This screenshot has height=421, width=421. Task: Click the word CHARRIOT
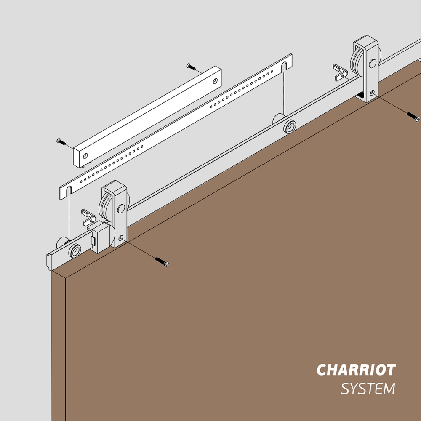click(356, 370)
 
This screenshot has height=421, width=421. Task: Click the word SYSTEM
click(368, 389)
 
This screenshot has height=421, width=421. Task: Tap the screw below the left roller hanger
click(162, 262)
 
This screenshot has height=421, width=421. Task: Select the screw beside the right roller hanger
click(413, 117)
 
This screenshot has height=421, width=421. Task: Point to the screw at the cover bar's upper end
click(191, 67)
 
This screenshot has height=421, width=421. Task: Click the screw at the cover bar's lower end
click(61, 142)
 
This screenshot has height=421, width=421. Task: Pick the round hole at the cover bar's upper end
click(215, 81)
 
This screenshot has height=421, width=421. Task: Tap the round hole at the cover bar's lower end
click(85, 156)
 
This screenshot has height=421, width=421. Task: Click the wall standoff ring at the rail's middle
click(290, 127)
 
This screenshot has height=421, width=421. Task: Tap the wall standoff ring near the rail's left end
click(75, 251)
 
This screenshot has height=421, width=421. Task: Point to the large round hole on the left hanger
click(121, 209)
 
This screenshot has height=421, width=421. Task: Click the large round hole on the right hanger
click(373, 64)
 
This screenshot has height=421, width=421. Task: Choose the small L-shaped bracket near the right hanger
click(340, 72)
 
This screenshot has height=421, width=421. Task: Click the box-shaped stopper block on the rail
click(99, 237)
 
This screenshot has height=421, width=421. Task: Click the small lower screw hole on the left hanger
click(121, 238)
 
